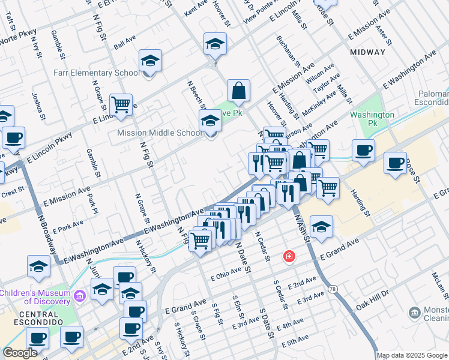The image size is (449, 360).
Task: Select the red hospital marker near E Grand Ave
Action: pos(290,256)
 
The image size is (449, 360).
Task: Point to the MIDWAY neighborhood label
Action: pos(367,52)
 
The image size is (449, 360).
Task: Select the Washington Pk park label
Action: pos(372,115)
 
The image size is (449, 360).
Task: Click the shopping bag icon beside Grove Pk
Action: pos(238,91)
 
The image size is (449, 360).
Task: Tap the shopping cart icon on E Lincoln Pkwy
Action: pos(121,104)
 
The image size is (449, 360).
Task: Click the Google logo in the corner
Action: pos(20,353)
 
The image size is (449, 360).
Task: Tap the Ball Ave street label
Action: pos(125,43)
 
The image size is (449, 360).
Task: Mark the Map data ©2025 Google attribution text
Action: pos(412,355)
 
